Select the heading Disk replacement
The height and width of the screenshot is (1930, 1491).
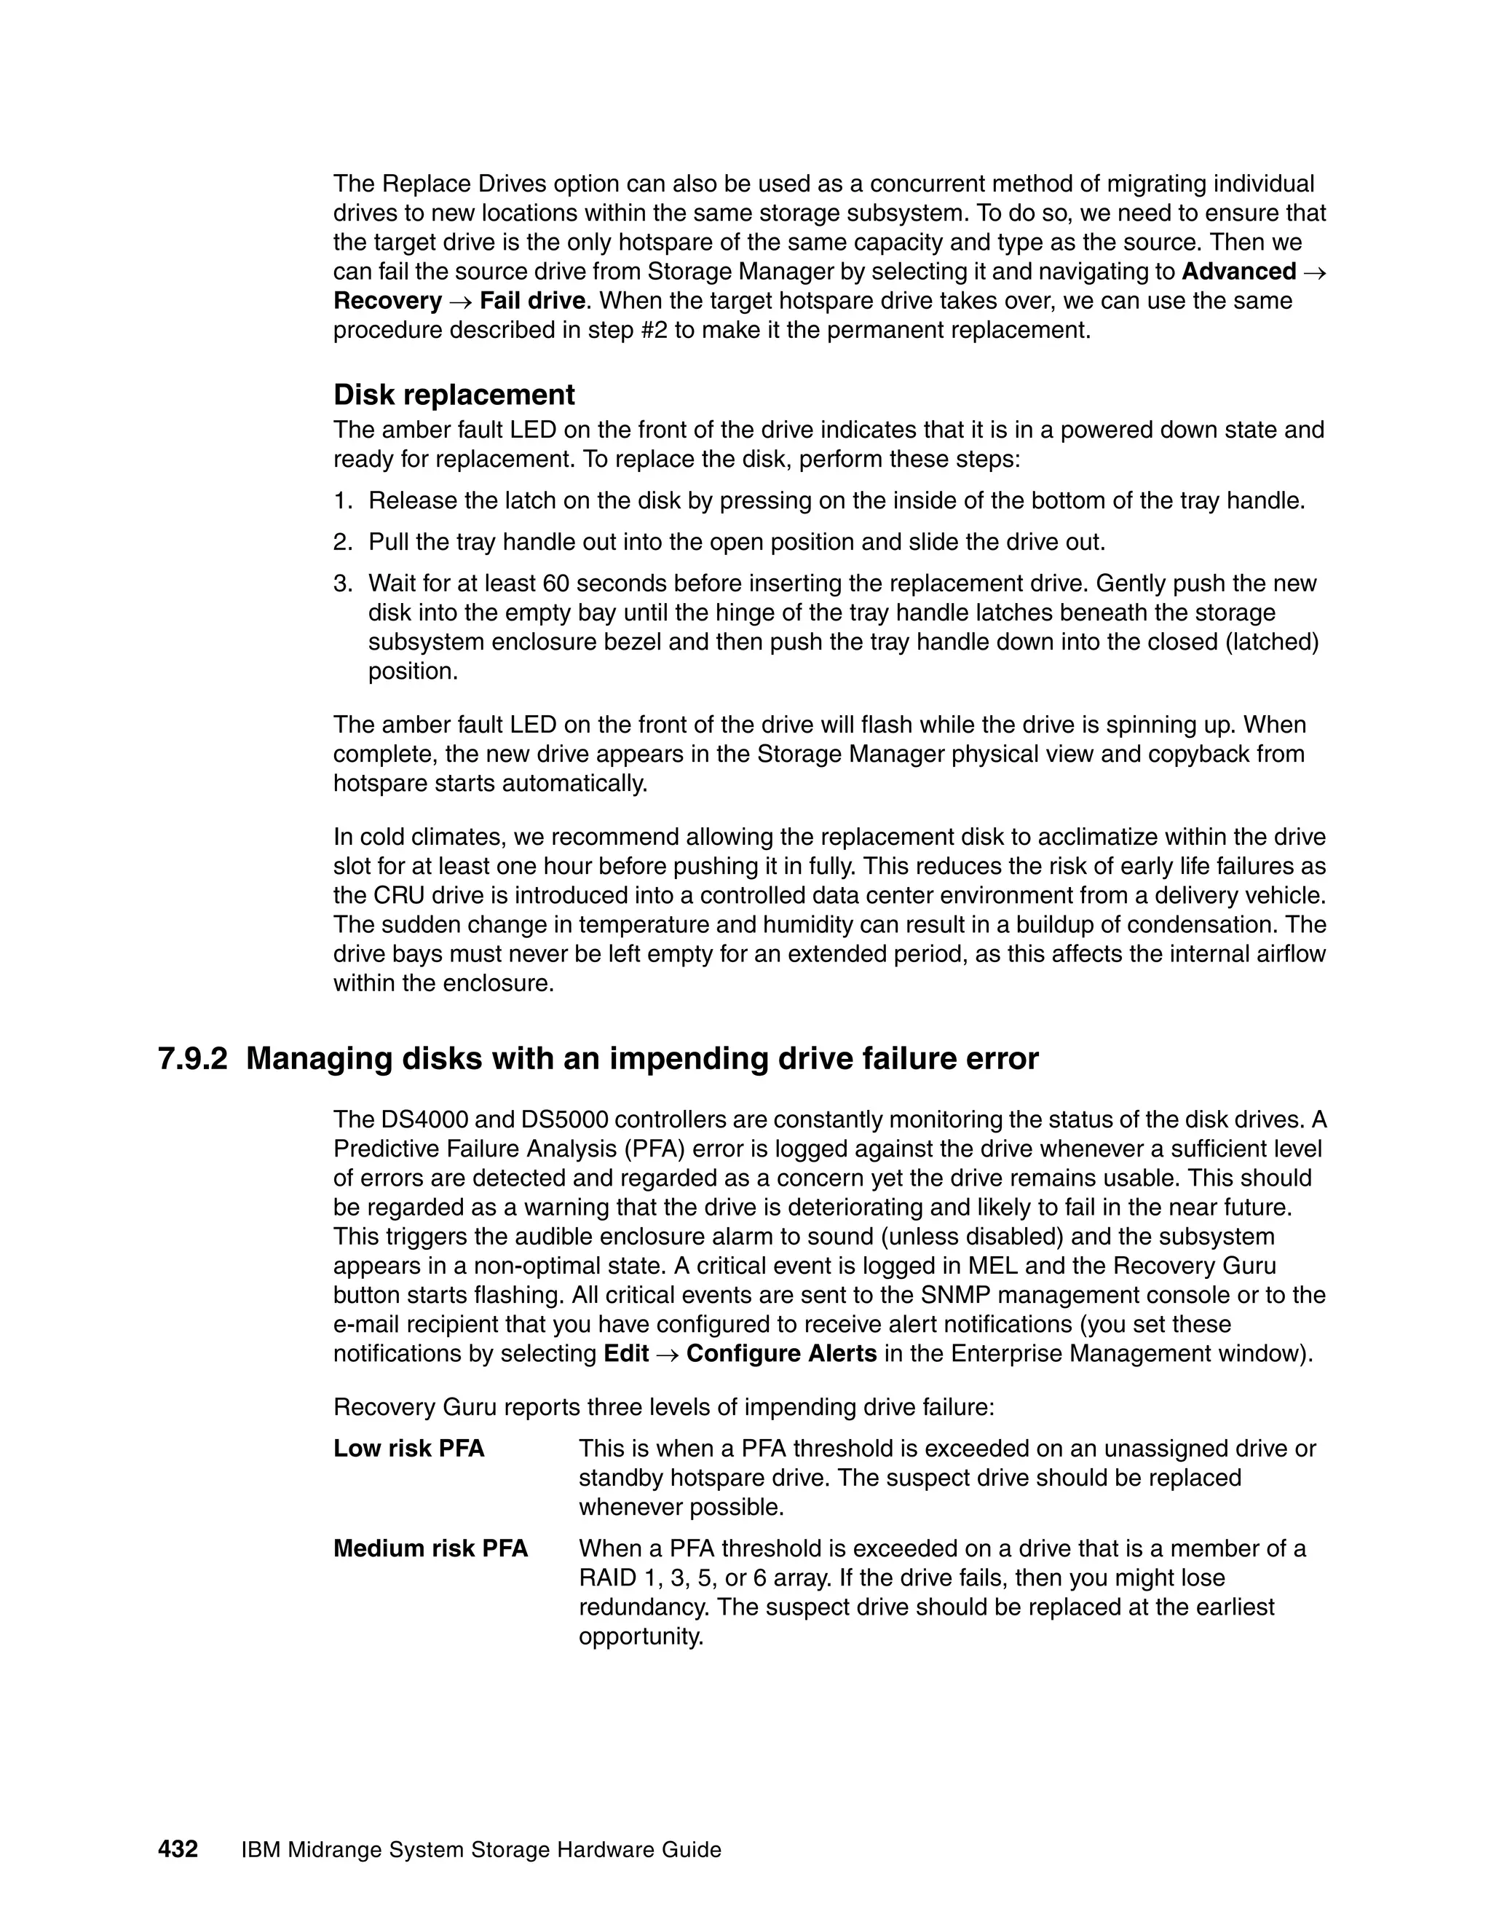tap(454, 394)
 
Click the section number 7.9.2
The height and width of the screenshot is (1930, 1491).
tap(192, 1059)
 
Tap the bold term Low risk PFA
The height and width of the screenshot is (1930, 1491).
tap(409, 1449)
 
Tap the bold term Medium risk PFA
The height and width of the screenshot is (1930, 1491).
tap(430, 1548)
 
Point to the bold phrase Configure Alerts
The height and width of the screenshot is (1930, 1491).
tap(781, 1354)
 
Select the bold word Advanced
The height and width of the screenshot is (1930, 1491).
tap(1238, 272)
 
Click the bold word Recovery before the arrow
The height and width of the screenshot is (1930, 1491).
tap(387, 301)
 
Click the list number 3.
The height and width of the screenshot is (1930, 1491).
tap(343, 583)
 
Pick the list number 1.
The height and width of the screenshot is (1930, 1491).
tap(343, 501)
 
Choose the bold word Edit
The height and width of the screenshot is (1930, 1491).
tap(626, 1354)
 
